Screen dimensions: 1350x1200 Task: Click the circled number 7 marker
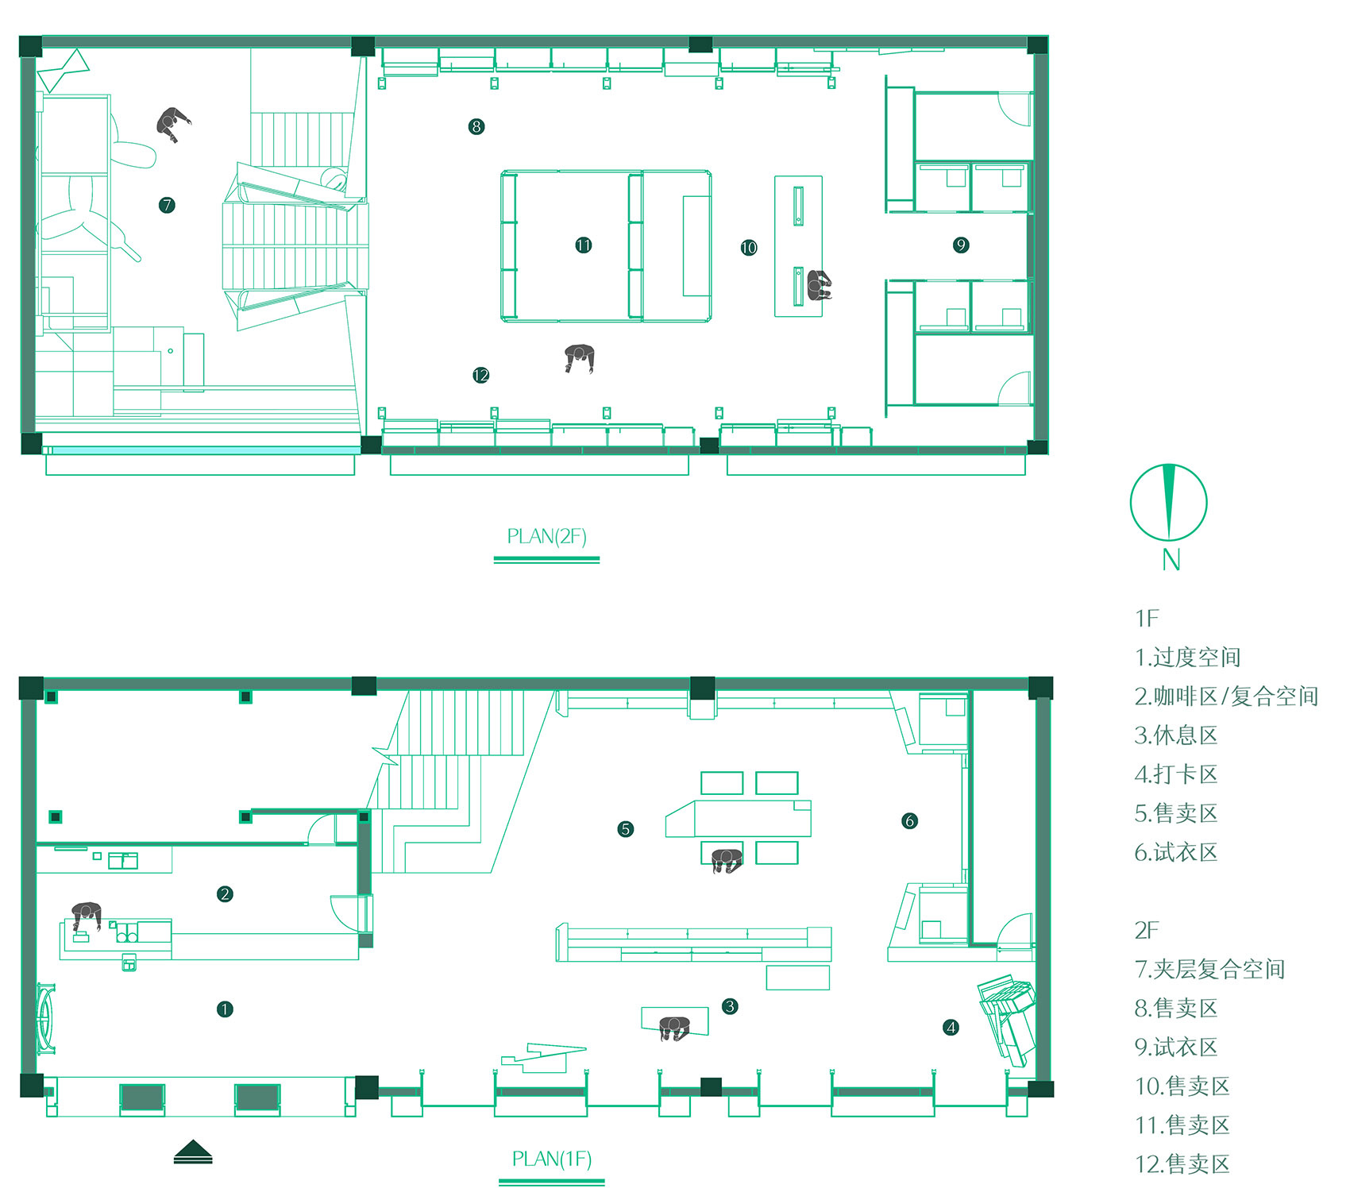tap(167, 205)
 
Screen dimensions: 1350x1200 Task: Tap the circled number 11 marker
tap(584, 245)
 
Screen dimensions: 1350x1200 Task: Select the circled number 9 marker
tap(961, 245)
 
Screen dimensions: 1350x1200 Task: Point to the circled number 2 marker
tap(225, 894)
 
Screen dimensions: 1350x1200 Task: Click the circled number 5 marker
tap(626, 829)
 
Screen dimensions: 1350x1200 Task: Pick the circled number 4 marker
tap(951, 1028)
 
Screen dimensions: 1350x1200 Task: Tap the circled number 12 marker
tap(480, 375)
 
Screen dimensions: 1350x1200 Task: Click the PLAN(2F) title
tap(546, 537)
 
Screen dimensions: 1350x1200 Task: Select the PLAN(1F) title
tap(552, 1159)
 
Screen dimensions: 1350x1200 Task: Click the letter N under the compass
tap(1171, 560)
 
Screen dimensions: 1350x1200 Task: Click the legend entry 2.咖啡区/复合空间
tap(1226, 696)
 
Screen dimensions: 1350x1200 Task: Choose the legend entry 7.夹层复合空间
tap(1209, 969)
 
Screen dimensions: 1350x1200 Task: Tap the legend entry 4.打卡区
tap(1176, 774)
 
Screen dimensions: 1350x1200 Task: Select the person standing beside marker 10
tap(820, 285)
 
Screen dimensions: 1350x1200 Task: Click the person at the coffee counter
tap(87, 915)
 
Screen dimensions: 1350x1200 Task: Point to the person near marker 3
tap(674, 1028)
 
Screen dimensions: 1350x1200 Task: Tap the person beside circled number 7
tap(173, 124)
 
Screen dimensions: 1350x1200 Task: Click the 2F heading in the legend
tap(1147, 930)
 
